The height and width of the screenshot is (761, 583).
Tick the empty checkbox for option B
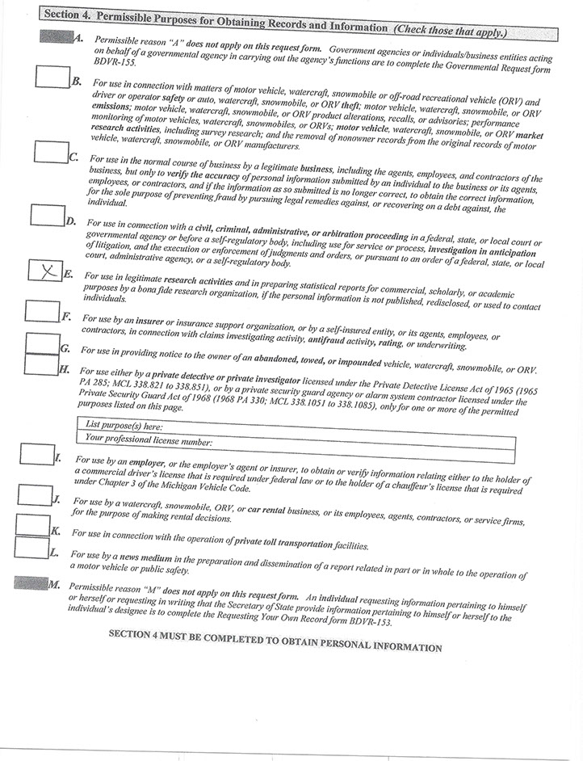[x=53, y=76]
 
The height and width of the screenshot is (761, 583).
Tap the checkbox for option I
[x=36, y=454]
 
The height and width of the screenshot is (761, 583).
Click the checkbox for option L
[x=31, y=547]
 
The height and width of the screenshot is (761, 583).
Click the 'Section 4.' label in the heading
[x=69, y=15]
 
